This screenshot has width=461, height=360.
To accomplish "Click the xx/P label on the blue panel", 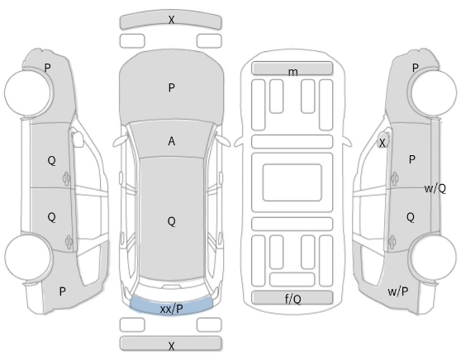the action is tap(172, 309).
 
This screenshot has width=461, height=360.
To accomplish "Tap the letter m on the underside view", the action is tap(292, 72).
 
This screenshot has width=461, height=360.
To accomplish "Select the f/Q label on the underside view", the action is tap(292, 299).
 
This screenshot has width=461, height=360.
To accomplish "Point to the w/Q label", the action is tap(435, 188).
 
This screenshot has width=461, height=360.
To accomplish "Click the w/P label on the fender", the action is tap(397, 291).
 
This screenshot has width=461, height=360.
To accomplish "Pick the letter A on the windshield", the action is tap(172, 141).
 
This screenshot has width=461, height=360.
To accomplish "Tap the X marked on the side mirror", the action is tap(382, 143).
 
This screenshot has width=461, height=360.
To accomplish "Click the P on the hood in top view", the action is tap(172, 88).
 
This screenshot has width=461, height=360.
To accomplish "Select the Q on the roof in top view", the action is tap(172, 221).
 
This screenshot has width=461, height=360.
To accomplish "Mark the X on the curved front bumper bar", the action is tap(171, 20).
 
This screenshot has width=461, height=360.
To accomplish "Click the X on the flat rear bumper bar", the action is tap(172, 346).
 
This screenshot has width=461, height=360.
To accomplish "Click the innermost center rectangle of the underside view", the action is tap(292, 182).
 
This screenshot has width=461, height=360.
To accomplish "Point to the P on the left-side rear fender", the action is tap(62, 291).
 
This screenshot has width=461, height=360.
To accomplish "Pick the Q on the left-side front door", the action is tap(51, 160).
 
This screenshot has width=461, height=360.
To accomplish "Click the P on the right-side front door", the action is tap(412, 159).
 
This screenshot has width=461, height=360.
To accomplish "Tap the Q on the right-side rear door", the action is tap(411, 217).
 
